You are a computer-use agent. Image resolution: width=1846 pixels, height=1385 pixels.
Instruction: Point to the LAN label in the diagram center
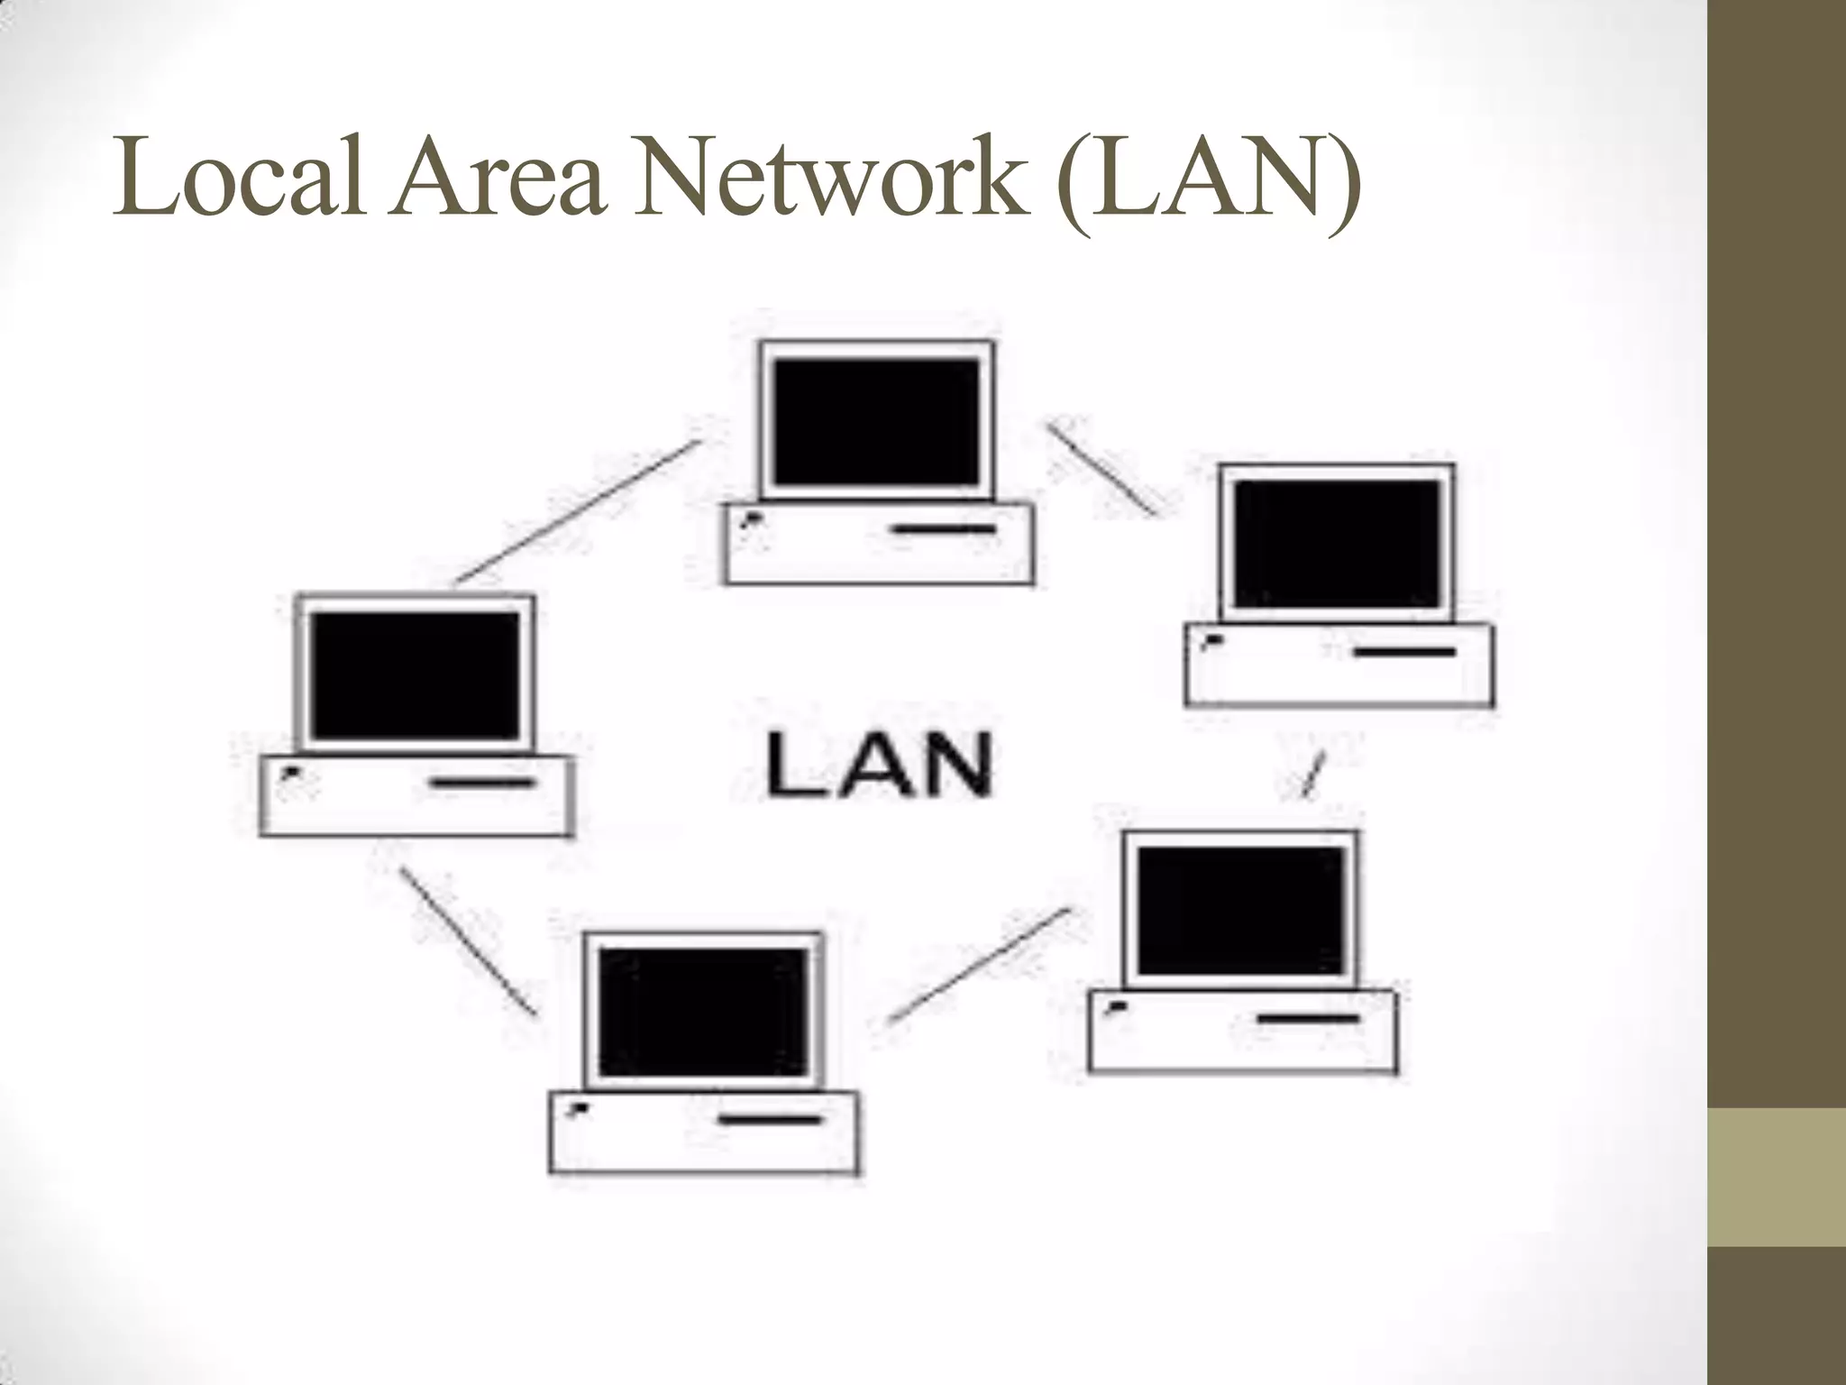879,765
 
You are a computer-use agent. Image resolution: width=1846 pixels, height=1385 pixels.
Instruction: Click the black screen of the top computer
876,422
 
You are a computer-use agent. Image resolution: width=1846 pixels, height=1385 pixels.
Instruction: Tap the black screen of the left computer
415,674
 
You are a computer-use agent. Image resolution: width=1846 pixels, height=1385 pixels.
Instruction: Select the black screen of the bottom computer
703,1011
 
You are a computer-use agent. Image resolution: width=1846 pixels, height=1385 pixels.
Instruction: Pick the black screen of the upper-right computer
1337,544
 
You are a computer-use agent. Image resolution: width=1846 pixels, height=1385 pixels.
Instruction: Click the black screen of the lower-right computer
1240,911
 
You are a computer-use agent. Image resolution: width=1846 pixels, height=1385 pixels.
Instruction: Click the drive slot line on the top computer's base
943,528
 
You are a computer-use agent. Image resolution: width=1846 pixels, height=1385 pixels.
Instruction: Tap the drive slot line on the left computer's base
481,783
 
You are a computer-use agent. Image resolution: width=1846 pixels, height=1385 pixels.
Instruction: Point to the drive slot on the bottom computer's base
772,1120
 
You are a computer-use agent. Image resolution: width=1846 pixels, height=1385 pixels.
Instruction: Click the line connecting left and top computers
577,510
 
